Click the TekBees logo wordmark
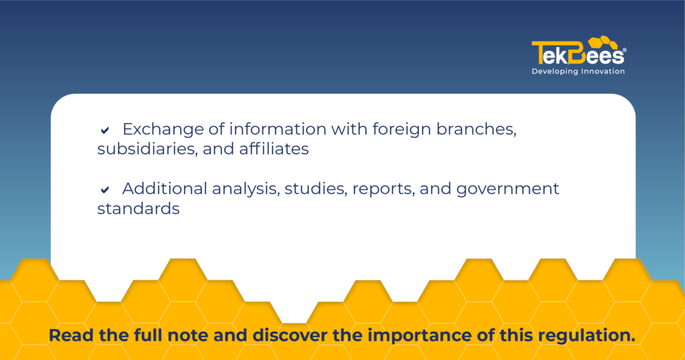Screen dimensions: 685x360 pyautogui.click(x=577, y=53)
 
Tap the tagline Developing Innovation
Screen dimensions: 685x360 pyautogui.click(x=578, y=71)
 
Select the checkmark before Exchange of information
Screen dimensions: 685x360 pyautogui.click(x=105, y=130)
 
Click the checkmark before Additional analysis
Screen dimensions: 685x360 pyautogui.click(x=105, y=189)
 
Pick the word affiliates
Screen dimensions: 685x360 pyautogui.click(x=274, y=149)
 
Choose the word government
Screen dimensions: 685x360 pyautogui.click(x=508, y=189)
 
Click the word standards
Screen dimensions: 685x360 pyautogui.click(x=138, y=208)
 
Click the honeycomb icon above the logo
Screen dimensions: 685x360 pyautogui.click(x=603, y=43)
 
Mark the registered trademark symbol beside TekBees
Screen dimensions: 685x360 pyautogui.click(x=624, y=50)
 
